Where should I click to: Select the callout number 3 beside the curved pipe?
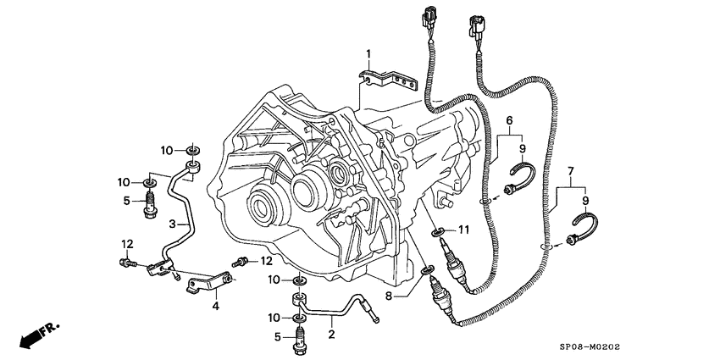(x=172, y=224)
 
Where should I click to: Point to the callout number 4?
(x=215, y=306)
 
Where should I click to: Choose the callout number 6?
(x=510, y=121)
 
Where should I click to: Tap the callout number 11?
(x=463, y=230)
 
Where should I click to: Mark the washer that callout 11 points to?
(x=435, y=231)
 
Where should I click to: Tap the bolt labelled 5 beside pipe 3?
(x=152, y=204)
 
